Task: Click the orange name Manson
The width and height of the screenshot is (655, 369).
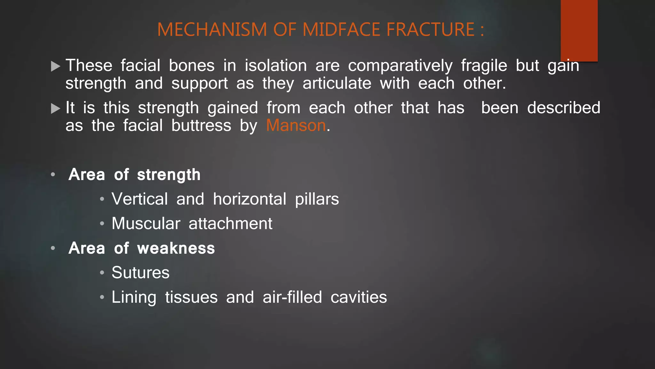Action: (296, 125)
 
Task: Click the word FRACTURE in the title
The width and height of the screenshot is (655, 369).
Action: (430, 29)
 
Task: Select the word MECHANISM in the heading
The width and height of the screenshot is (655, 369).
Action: (212, 29)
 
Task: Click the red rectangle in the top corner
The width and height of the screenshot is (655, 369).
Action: (579, 30)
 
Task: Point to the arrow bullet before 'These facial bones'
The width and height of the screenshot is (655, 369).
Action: (56, 66)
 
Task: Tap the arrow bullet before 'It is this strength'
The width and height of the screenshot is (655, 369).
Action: (56, 109)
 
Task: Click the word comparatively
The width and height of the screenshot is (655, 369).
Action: (400, 66)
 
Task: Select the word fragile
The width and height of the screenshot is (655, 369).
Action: (484, 66)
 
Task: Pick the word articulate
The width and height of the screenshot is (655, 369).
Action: (337, 84)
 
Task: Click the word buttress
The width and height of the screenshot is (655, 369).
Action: (201, 125)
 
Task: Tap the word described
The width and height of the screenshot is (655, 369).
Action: (564, 108)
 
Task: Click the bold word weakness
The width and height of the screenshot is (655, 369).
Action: (176, 248)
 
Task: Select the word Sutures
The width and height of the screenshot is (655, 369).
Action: (140, 273)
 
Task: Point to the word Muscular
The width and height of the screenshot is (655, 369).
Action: (146, 223)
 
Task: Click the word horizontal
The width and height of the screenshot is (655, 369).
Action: (249, 199)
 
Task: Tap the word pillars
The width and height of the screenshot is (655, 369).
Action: (317, 200)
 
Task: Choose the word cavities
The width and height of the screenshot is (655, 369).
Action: (359, 297)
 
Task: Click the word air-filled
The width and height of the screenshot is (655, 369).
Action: (292, 297)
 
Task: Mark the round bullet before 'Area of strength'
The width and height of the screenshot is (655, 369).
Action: (53, 175)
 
